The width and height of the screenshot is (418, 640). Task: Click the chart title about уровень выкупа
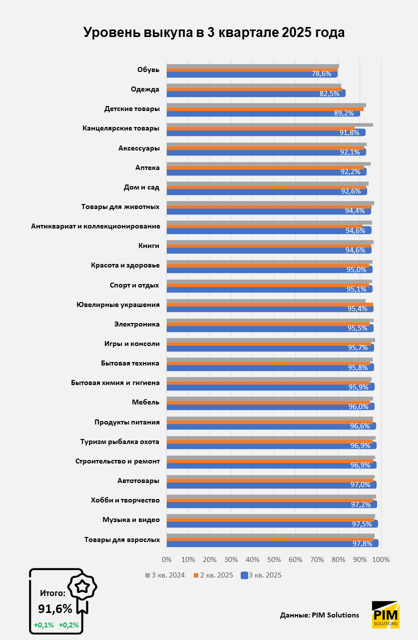pyautogui.click(x=214, y=33)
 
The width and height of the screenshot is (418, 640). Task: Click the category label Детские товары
pyautogui.click(x=132, y=108)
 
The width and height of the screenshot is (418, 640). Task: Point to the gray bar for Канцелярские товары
pyautogui.click(x=270, y=124)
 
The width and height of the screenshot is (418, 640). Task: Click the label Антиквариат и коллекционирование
pyautogui.click(x=95, y=226)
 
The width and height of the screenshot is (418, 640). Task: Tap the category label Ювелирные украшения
pyautogui.click(x=118, y=304)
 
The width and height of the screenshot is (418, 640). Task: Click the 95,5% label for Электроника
pyautogui.click(x=357, y=328)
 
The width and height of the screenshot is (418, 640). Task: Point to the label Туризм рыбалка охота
pyautogui.click(x=120, y=441)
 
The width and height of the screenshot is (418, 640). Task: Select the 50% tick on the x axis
pyautogui.click(x=274, y=559)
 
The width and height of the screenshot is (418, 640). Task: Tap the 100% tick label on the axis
pyautogui.click(x=381, y=559)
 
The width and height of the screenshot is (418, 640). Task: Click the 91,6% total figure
pyautogui.click(x=55, y=608)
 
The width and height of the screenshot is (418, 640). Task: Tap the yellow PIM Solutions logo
pyautogui.click(x=386, y=614)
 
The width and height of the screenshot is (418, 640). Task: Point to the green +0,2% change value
pyautogui.click(x=69, y=624)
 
